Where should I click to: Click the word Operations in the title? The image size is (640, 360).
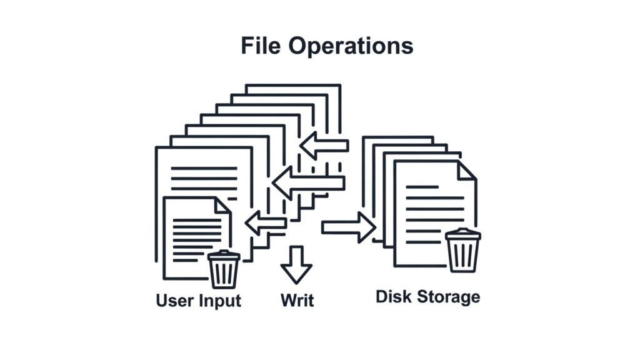(x=351, y=46)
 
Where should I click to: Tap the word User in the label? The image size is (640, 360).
(x=175, y=301)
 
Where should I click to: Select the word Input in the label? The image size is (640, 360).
(x=220, y=301)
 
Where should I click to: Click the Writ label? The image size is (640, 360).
(x=297, y=301)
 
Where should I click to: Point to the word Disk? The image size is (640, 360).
(x=394, y=297)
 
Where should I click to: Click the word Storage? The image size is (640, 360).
(x=448, y=297)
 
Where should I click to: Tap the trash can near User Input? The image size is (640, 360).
(x=224, y=269)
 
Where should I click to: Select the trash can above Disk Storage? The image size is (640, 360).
(x=463, y=250)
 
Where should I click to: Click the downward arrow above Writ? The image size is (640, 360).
(x=296, y=264)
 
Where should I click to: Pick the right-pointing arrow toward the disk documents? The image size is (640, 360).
(x=349, y=227)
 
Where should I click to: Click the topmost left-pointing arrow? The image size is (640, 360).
(x=324, y=146)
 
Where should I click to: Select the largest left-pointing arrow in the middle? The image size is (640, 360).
(x=309, y=183)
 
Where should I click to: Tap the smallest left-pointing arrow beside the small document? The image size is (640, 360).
(x=266, y=223)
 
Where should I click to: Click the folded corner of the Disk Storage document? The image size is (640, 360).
(x=466, y=171)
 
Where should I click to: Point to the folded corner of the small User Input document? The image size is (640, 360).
(x=223, y=206)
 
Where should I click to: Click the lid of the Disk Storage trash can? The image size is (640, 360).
(x=463, y=234)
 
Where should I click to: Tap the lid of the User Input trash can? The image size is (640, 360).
(x=224, y=256)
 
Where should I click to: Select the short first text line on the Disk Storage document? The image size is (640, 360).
(x=422, y=187)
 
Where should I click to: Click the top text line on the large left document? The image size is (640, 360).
(x=204, y=168)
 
